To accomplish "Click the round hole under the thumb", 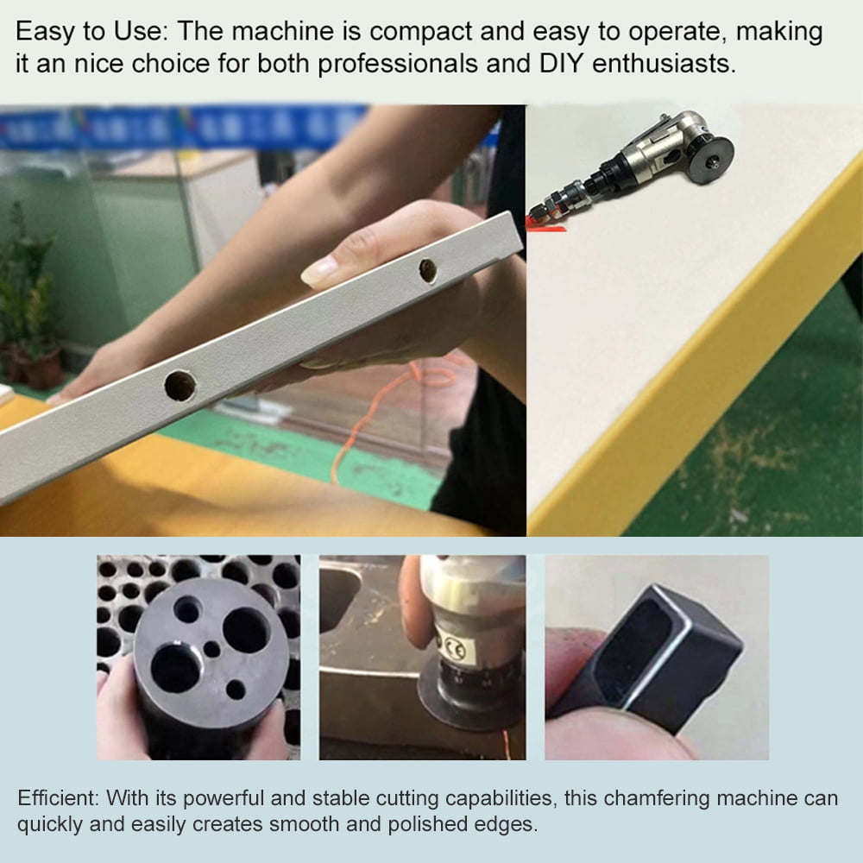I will (x=427, y=270).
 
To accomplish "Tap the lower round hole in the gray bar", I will (x=180, y=385).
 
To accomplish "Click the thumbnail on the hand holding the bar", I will (x=320, y=273).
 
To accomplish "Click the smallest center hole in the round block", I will (x=211, y=648).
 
